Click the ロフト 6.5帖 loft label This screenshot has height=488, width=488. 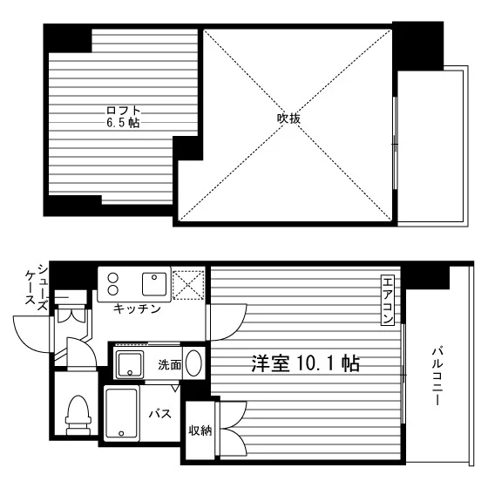(123, 117)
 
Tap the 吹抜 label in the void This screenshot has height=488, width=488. (288, 119)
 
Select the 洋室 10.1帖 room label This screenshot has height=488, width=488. (305, 363)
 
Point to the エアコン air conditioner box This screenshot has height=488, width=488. (388, 300)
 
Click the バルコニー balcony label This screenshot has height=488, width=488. (437, 376)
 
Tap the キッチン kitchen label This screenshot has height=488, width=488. (137, 308)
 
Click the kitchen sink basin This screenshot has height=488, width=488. (154, 284)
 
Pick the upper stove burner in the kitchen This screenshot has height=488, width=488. (113, 277)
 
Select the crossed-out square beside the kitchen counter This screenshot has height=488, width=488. (188, 285)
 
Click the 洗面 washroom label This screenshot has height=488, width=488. (170, 365)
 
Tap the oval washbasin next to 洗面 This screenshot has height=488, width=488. (193, 363)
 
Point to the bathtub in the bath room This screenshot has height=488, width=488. (122, 414)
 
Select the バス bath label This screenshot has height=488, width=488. (160, 414)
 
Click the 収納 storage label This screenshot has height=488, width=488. (200, 430)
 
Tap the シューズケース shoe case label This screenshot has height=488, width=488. (37, 288)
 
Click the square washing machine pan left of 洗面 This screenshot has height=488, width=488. (130, 365)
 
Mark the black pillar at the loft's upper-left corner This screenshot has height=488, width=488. (68, 38)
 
